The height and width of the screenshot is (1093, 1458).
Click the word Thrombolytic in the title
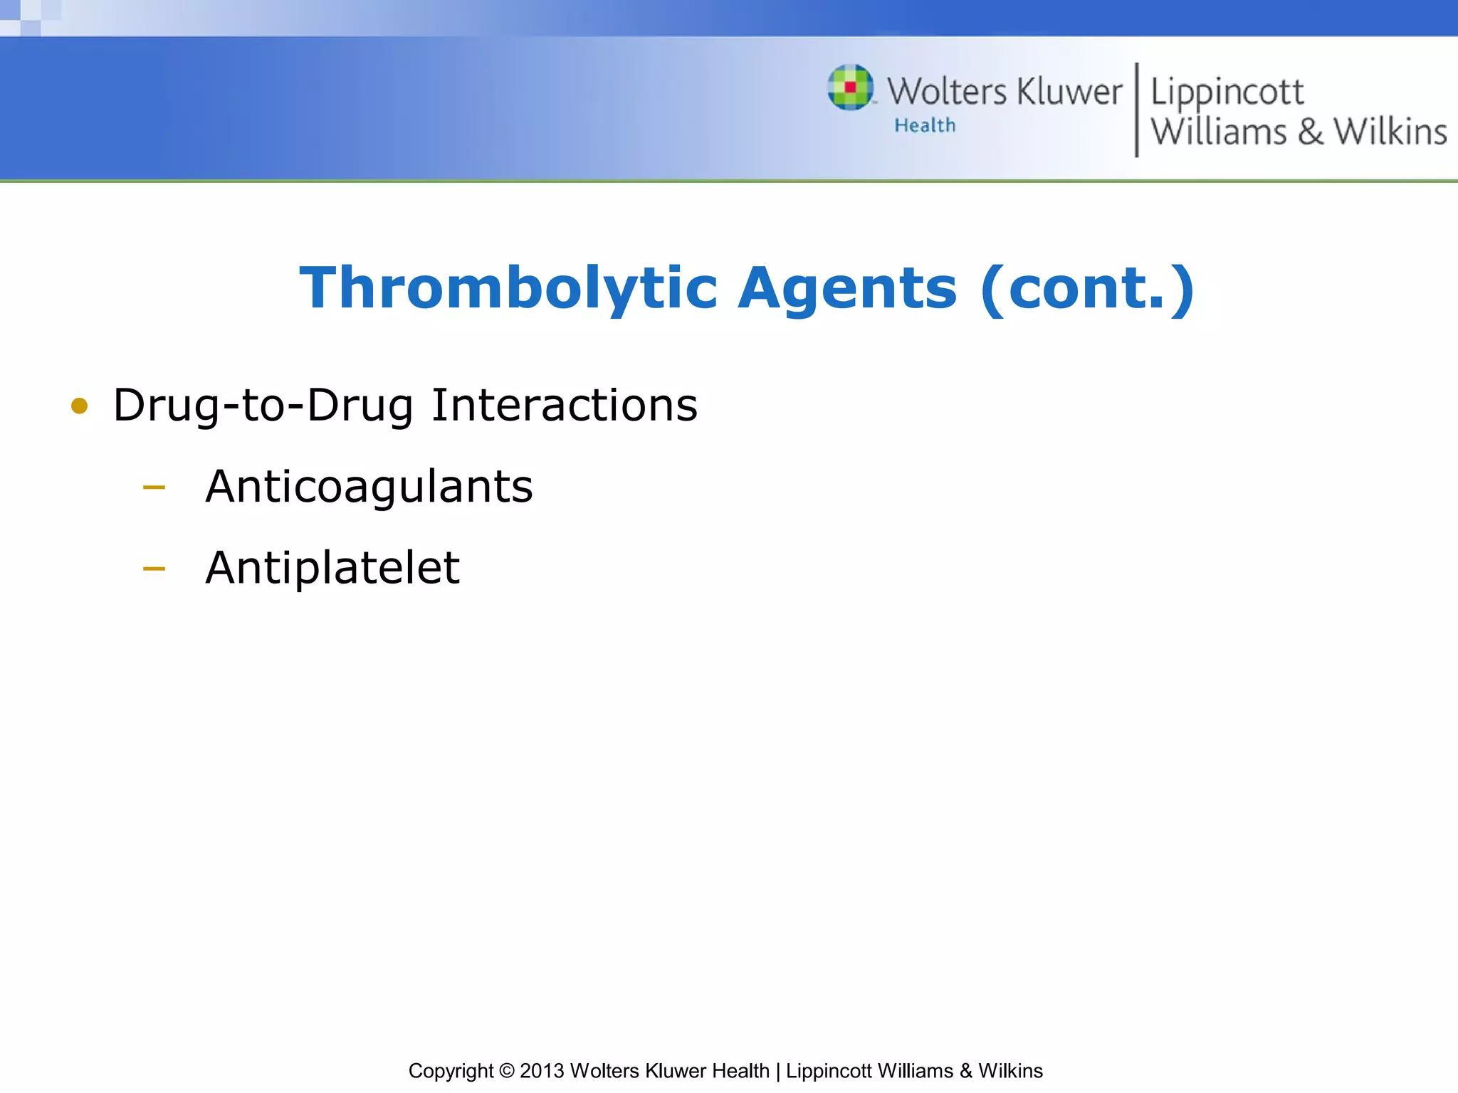pyautogui.click(x=508, y=288)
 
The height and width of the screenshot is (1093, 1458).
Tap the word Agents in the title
pyautogui.click(x=847, y=288)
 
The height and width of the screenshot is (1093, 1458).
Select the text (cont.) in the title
pyautogui.click(x=1087, y=288)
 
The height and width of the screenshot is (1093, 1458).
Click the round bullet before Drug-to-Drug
pyautogui.click(x=79, y=406)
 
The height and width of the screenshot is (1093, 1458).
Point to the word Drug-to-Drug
pyautogui.click(x=263, y=406)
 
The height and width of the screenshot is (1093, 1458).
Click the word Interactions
pyautogui.click(x=565, y=406)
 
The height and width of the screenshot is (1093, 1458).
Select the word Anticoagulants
pyautogui.click(x=369, y=487)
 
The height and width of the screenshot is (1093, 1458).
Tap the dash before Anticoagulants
pyautogui.click(x=154, y=488)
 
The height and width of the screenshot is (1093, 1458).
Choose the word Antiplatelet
pyautogui.click(x=332, y=568)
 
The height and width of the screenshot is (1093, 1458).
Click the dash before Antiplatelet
pyautogui.click(x=154, y=569)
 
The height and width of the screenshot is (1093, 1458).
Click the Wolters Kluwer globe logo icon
pyautogui.click(x=850, y=88)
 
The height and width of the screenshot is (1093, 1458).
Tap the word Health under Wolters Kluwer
pyautogui.click(x=925, y=126)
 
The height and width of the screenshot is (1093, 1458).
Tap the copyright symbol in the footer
pyautogui.click(x=506, y=1071)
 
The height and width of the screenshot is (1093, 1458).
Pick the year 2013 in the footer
pyautogui.click(x=542, y=1071)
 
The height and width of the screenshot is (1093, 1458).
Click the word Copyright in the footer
pyautogui.click(x=451, y=1071)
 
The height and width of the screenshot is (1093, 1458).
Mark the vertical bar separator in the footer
pyautogui.click(x=777, y=1071)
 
